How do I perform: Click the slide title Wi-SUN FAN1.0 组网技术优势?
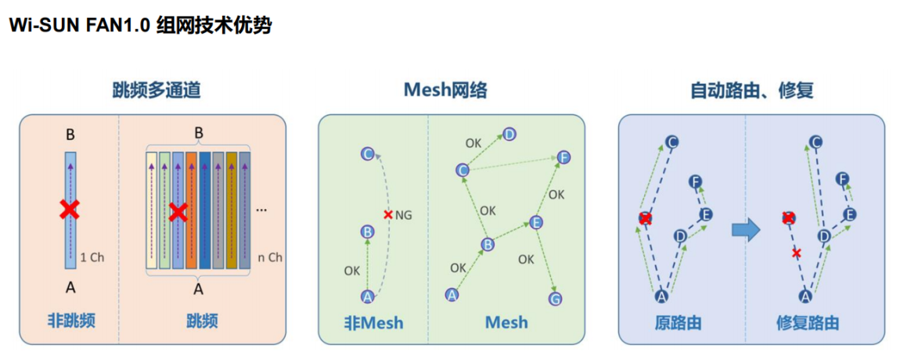point(140,26)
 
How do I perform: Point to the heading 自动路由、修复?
point(751,91)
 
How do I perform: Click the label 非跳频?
point(70,320)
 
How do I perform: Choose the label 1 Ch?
point(92,255)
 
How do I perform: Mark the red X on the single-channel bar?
point(70,210)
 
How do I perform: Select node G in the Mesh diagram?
point(556,299)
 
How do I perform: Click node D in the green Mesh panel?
point(509,134)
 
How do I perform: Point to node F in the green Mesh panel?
point(563,157)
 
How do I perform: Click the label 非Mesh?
point(374,322)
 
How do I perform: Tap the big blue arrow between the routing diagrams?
point(746,230)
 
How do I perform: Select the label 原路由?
point(677,322)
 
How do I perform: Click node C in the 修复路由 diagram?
point(815,142)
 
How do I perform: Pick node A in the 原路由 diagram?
point(661,296)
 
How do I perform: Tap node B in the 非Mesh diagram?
point(367,232)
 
